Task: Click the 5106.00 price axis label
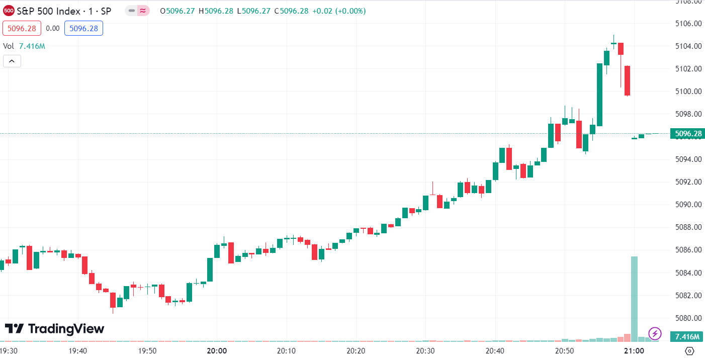point(687,23)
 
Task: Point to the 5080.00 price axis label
point(687,318)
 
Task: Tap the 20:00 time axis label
point(216,351)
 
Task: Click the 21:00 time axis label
point(634,351)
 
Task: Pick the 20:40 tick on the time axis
point(495,351)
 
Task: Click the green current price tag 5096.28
point(687,134)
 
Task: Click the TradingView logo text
point(55,329)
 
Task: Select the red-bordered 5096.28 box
point(21,29)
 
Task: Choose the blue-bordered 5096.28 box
point(83,29)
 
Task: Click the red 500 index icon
point(9,11)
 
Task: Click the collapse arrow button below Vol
point(12,61)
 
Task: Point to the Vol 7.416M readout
point(24,46)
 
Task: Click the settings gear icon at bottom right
point(689,351)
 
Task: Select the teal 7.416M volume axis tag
point(687,336)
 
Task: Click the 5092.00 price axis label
point(687,182)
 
